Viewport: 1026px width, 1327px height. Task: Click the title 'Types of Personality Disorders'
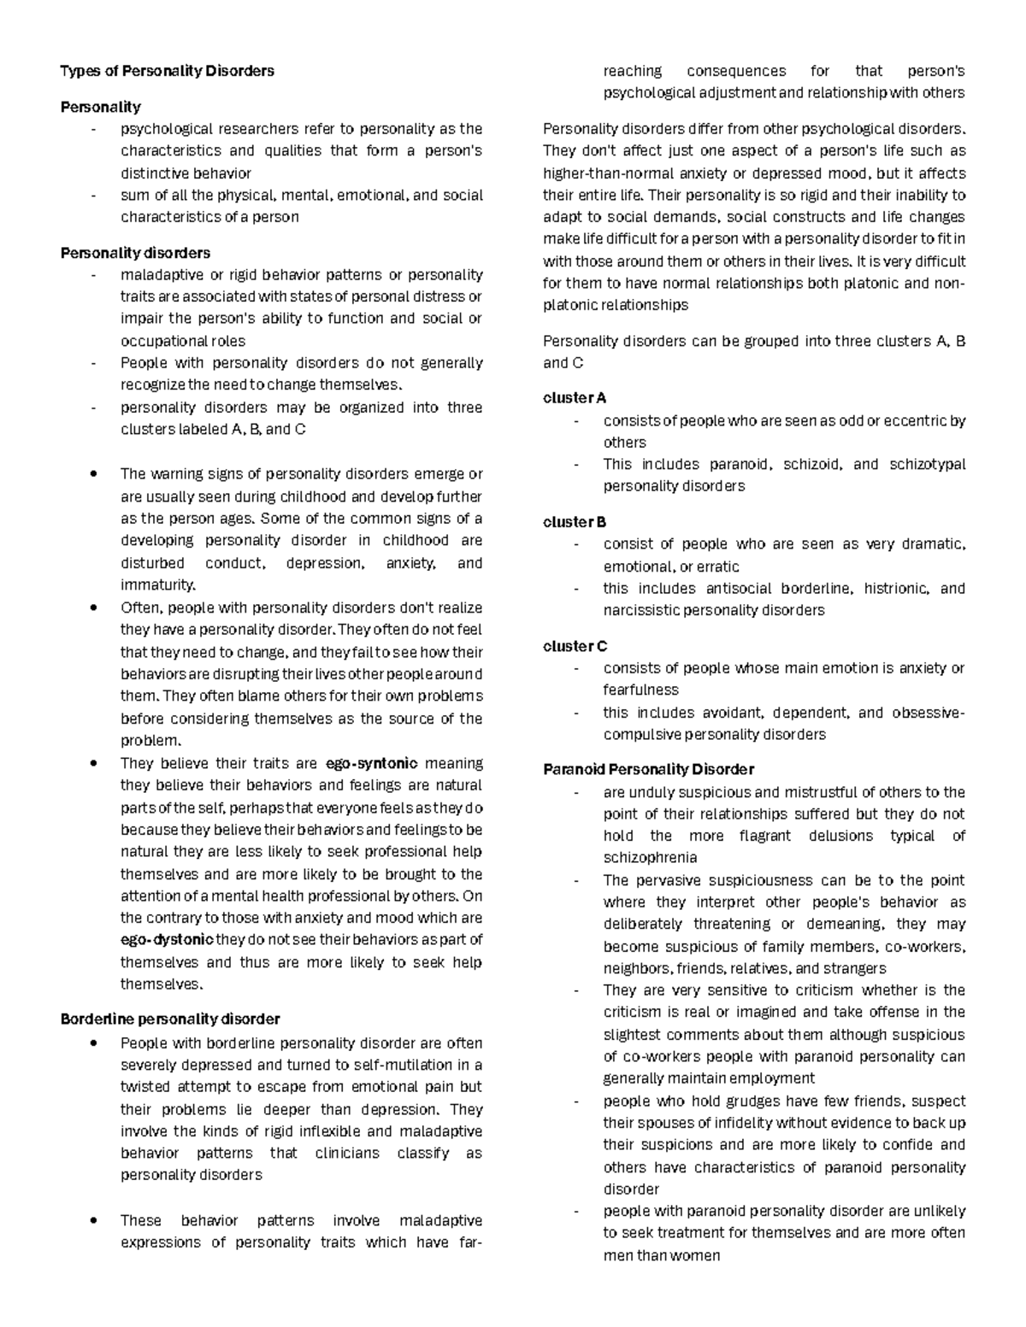click(x=167, y=71)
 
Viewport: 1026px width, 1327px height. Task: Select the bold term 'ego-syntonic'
click(x=372, y=764)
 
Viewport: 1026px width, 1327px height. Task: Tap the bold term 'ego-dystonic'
click(x=167, y=940)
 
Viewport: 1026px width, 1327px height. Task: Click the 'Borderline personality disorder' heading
click(x=170, y=1019)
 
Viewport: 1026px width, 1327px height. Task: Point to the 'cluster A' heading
click(x=575, y=398)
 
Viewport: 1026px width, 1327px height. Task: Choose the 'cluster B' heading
click(x=575, y=522)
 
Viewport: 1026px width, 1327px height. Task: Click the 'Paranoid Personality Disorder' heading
click(x=648, y=770)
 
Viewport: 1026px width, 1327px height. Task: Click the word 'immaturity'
click(x=157, y=585)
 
